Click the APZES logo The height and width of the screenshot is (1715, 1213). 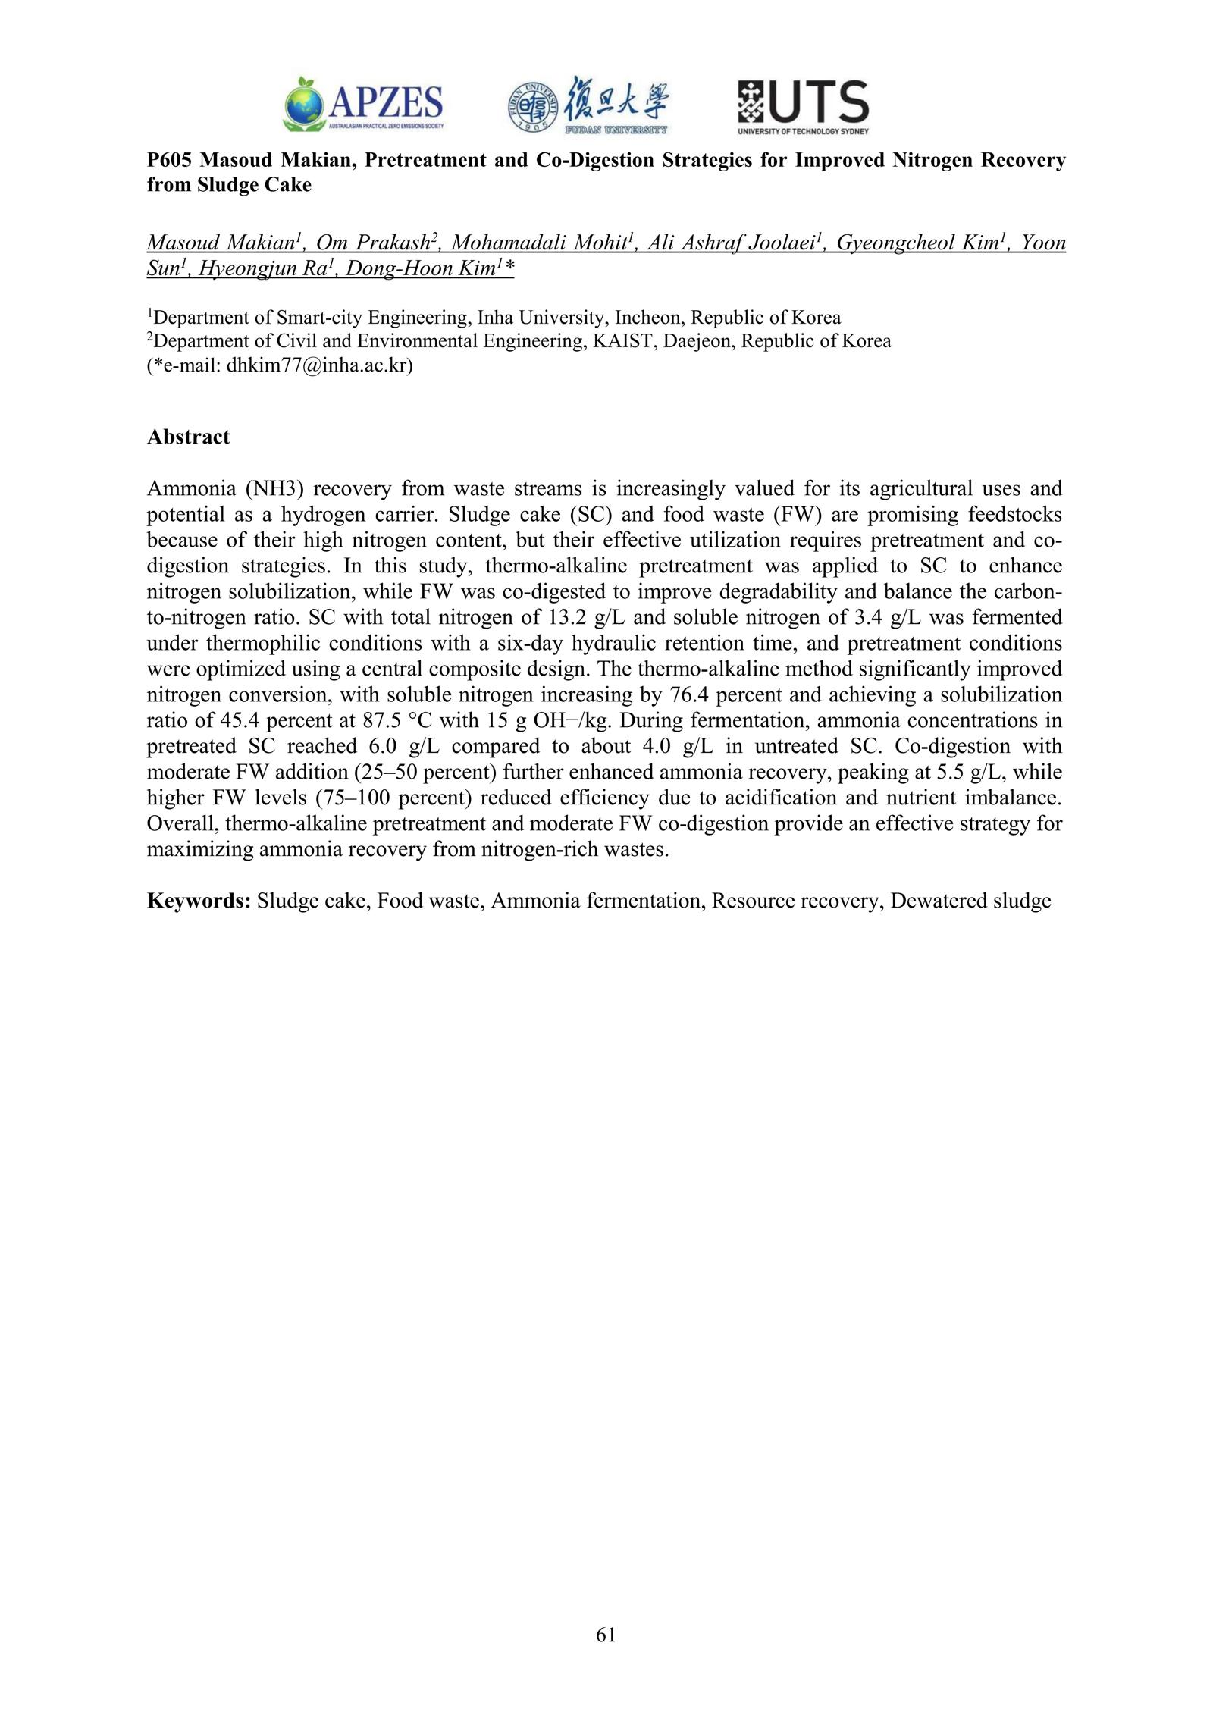coord(363,104)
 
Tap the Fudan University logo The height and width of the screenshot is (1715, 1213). coord(588,105)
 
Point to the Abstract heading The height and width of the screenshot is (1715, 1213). coord(188,437)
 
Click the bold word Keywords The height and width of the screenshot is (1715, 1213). coord(199,901)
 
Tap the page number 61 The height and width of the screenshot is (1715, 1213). coord(606,1635)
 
